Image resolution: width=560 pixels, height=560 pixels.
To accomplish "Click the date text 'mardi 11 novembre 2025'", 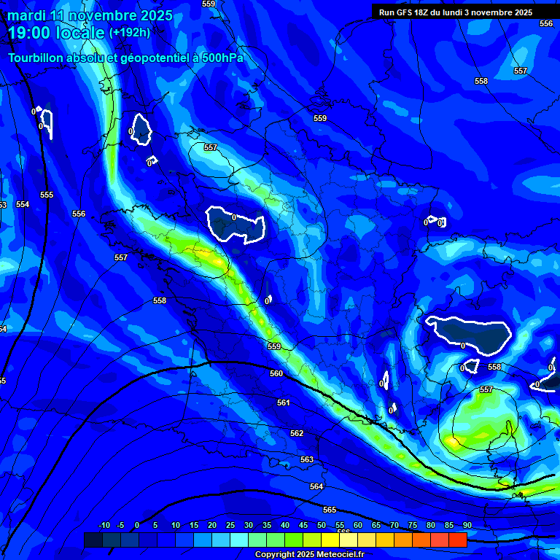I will (90, 15).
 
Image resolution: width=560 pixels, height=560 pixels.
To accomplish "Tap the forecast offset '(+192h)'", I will (130, 32).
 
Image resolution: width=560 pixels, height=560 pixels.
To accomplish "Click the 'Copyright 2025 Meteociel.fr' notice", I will (310, 554).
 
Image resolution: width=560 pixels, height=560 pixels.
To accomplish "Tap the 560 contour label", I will (276, 373).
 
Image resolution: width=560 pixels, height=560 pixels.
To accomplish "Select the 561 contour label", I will (284, 402).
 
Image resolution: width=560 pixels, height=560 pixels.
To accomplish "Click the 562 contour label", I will (297, 433).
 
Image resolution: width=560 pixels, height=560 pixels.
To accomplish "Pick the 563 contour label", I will (307, 459).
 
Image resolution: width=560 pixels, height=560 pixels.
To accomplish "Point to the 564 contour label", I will (316, 486).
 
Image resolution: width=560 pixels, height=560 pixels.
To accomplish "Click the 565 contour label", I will (330, 510).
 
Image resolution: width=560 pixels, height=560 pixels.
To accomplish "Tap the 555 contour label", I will (47, 195).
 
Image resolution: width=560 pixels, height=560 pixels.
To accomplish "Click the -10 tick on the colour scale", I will (104, 525).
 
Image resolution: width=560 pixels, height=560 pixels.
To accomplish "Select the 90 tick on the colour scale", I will (467, 525).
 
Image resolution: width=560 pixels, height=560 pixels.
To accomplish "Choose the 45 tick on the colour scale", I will (303, 525).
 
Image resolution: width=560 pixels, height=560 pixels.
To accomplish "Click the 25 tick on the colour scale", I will (230, 525).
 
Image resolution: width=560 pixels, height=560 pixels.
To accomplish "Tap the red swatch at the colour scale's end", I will (457, 540).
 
